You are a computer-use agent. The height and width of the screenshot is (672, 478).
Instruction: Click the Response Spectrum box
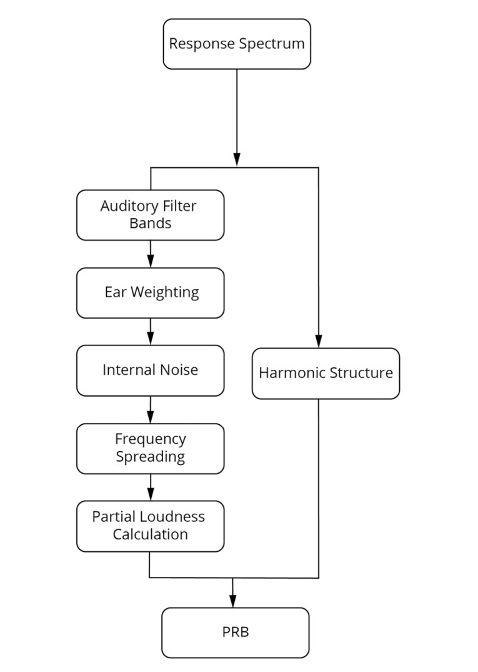pos(237,44)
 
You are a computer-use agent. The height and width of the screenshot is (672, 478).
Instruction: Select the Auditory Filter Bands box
pos(150,215)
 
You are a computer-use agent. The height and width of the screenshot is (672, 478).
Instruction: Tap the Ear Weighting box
pos(150,292)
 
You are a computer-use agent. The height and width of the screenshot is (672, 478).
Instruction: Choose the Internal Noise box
pos(150,370)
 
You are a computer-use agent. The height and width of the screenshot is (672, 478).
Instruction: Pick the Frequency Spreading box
pos(150,448)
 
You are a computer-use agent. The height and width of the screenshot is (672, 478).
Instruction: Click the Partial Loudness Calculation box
pos(150,526)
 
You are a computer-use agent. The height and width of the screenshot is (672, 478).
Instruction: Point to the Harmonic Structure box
pos(326,373)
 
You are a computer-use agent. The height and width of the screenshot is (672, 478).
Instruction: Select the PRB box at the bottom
pos(236,632)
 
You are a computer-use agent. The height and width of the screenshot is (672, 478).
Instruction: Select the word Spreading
pos(150,456)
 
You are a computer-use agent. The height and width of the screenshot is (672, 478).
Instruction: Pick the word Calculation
pos(150,534)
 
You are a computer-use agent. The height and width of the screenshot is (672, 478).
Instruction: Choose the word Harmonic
pos(289,373)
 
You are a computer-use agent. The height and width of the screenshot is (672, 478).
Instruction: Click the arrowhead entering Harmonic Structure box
pos(319,342)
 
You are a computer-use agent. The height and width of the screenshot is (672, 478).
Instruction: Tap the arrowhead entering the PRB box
pos(232,602)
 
